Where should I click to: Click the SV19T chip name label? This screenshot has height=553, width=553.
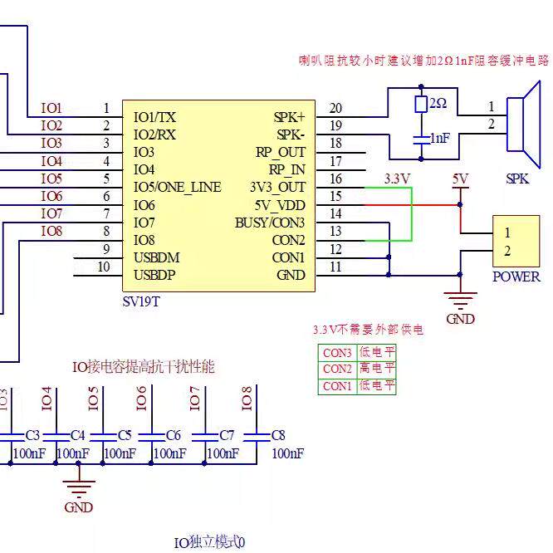pyautogui.click(x=141, y=302)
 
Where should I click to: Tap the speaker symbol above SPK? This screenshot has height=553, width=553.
pyautogui.click(x=524, y=125)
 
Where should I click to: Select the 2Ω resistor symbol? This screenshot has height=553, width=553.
pyautogui.click(x=421, y=104)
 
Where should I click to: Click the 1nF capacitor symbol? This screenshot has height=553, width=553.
pyautogui.click(x=421, y=139)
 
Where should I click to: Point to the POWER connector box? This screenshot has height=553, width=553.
pyautogui.click(x=516, y=242)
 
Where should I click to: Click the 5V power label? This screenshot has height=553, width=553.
pyautogui.click(x=460, y=179)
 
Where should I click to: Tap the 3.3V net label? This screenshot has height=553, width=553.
pyautogui.click(x=397, y=179)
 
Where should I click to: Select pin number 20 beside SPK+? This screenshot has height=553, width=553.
pyautogui.click(x=335, y=108)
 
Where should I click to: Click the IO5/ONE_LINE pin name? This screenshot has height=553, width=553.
pyautogui.click(x=178, y=188)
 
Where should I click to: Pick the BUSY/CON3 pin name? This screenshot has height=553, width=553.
pyautogui.click(x=270, y=223)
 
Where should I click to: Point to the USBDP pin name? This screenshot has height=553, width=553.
pyautogui.click(x=154, y=275)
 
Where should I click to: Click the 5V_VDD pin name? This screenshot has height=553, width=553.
pyautogui.click(x=280, y=205)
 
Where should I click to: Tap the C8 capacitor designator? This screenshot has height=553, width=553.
pyautogui.click(x=278, y=436)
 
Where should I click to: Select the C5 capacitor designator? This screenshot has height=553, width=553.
pyautogui.click(x=125, y=436)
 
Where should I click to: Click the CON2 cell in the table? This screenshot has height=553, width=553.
pyautogui.click(x=337, y=369)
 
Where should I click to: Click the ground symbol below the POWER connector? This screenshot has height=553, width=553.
pyautogui.click(x=460, y=300)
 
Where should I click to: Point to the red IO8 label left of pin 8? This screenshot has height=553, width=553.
pyautogui.click(x=51, y=232)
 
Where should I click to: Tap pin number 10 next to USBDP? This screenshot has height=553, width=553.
pyautogui.click(x=104, y=267)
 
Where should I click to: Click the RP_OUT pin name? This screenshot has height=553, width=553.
pyautogui.click(x=281, y=152)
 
